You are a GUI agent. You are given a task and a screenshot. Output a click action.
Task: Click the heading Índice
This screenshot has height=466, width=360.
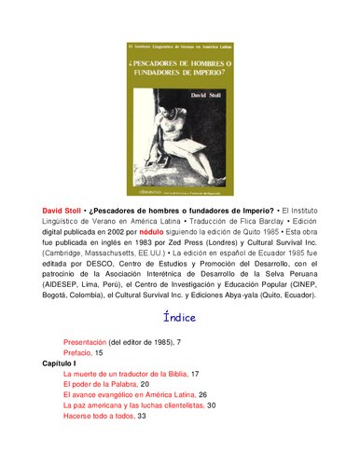click(x=180, y=317)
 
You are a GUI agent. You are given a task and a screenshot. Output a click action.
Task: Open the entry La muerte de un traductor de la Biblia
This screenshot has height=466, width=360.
click(x=125, y=374)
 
